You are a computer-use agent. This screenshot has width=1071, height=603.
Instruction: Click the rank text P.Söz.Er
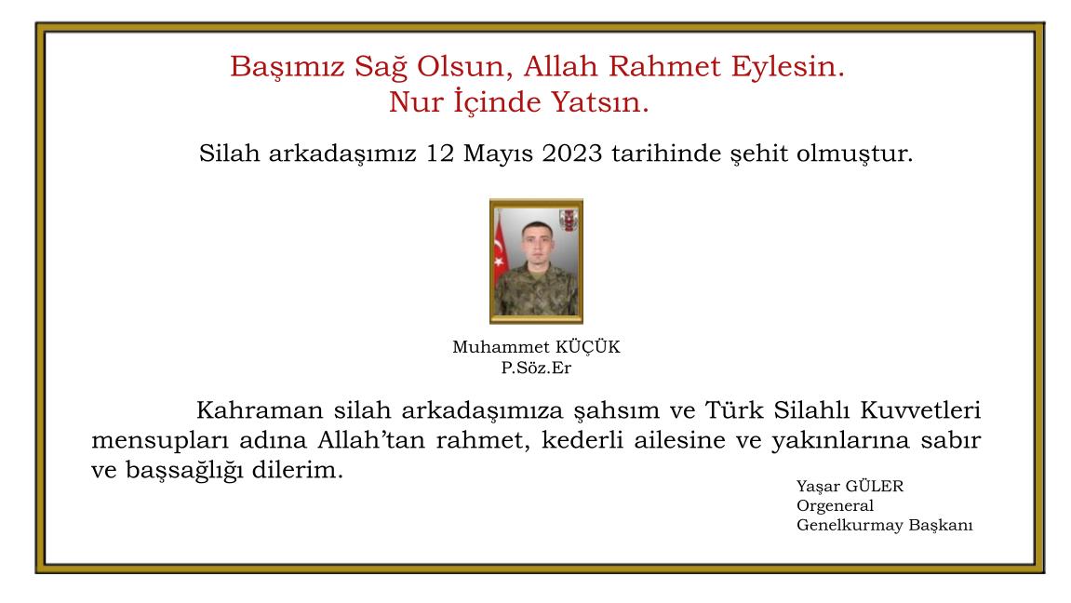click(x=535, y=367)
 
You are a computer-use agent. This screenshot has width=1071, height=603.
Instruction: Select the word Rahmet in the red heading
click(x=661, y=67)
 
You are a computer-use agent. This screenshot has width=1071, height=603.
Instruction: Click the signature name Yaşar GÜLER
click(x=850, y=487)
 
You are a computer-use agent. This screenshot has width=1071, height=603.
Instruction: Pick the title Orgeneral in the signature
click(x=835, y=506)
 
